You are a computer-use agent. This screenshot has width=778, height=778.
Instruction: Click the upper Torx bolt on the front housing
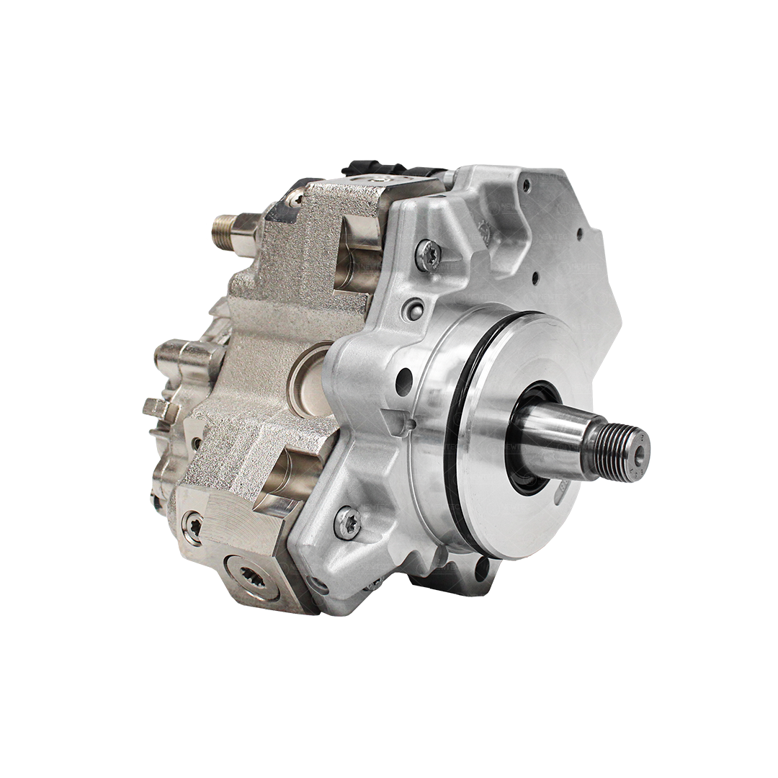click(428, 255)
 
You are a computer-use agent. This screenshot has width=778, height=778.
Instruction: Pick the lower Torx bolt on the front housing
click(347, 523)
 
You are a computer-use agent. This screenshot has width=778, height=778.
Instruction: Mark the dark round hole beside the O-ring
click(404, 381)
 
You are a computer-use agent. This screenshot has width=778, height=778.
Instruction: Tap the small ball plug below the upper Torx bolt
click(413, 309)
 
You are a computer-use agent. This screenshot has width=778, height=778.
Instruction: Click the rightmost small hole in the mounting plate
click(581, 234)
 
